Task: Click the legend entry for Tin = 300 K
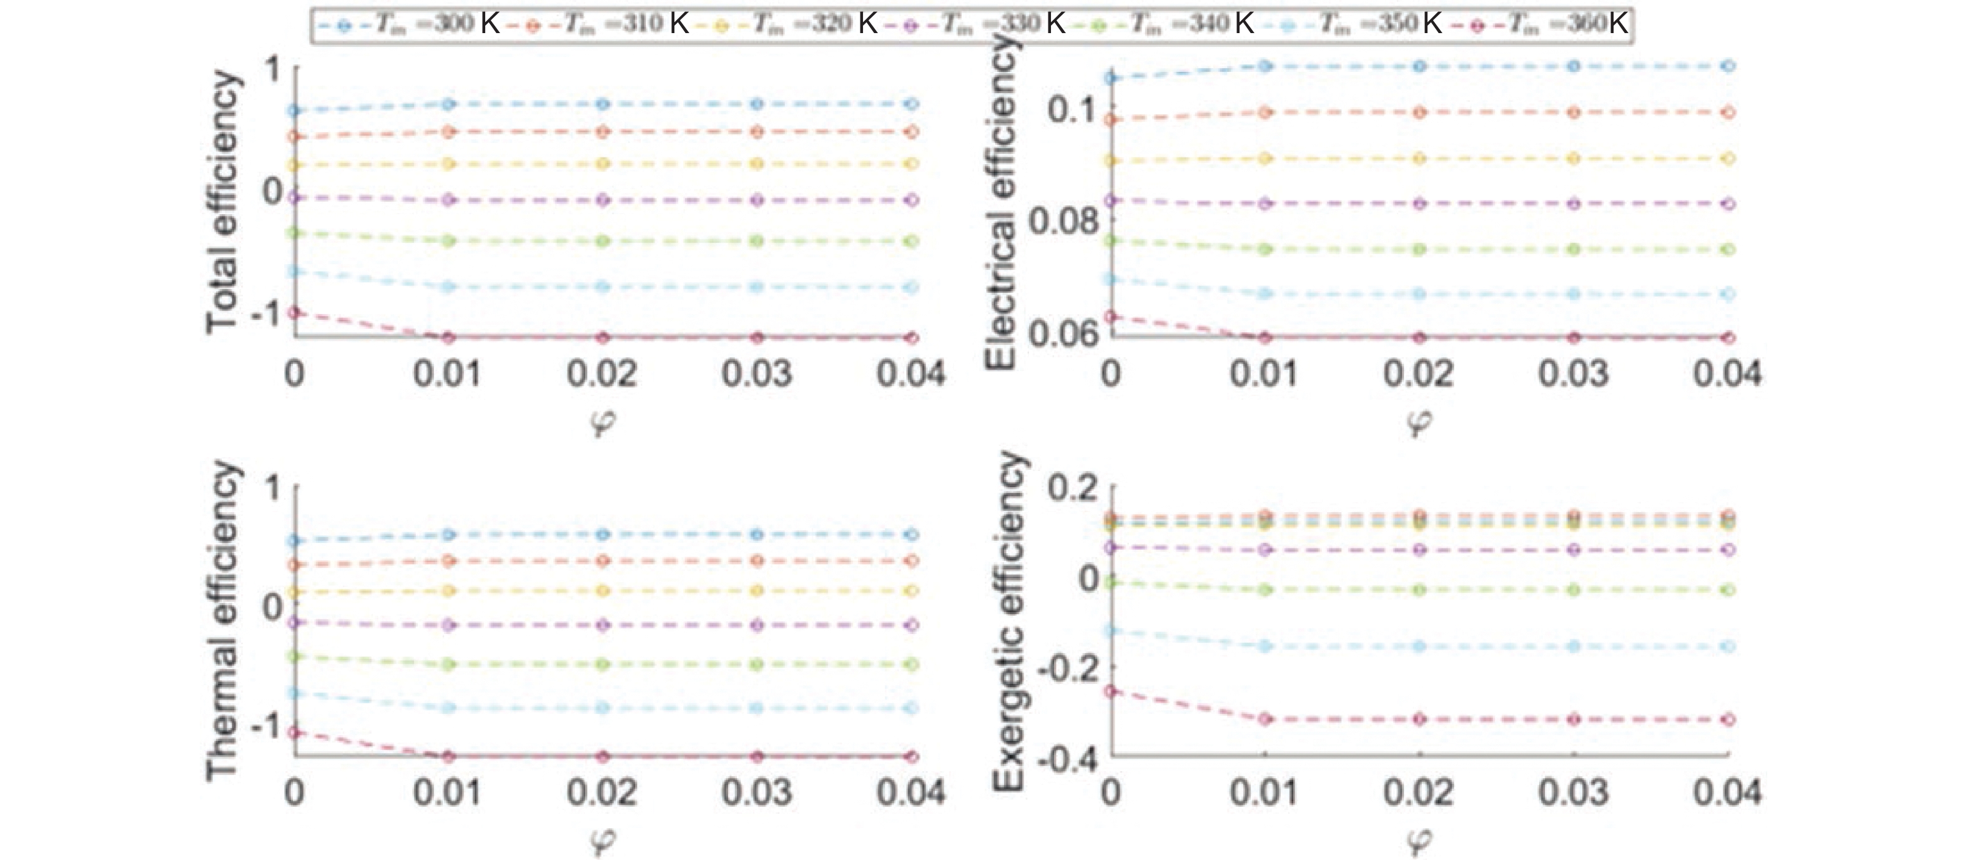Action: (408, 24)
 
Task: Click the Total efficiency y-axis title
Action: (222, 202)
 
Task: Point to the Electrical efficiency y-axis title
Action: (1001, 202)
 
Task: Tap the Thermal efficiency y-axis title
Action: (222, 620)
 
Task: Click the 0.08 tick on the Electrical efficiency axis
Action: (1062, 222)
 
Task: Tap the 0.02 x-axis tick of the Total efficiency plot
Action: (602, 374)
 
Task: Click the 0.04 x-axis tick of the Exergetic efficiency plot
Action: (1727, 793)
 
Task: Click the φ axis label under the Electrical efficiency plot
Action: (1419, 422)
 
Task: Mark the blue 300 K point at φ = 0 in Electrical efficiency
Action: (1112, 77)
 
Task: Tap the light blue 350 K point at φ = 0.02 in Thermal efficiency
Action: (603, 708)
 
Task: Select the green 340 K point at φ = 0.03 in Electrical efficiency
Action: (1574, 249)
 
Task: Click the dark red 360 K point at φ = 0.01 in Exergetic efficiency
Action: (1265, 719)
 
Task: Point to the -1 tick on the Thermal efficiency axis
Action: (267, 726)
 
